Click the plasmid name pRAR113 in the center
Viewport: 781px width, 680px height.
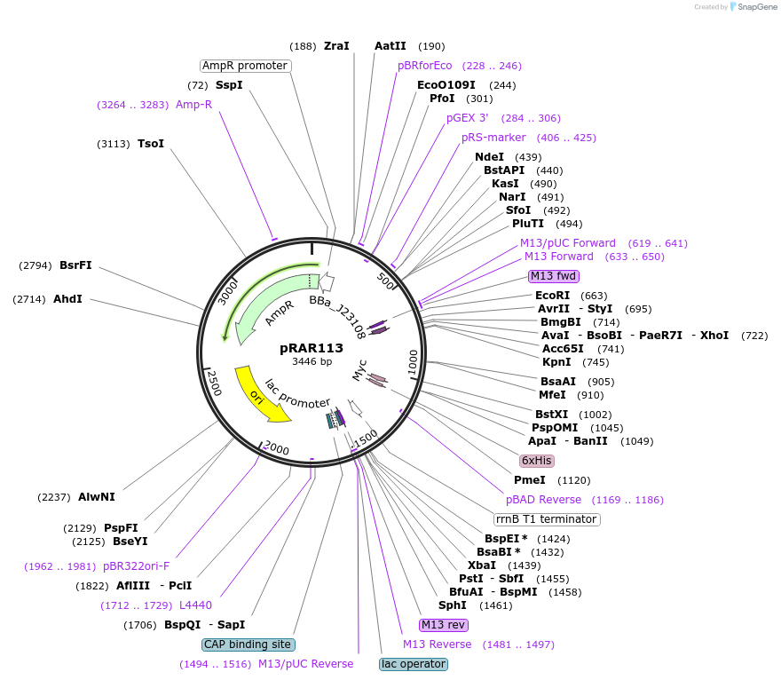[312, 348]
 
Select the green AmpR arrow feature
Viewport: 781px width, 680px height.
[266, 306]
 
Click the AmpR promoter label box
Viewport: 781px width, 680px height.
[245, 66]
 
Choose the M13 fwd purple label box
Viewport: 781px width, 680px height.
[553, 275]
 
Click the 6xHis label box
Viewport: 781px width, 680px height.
[537, 461]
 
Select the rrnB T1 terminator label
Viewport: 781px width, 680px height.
[547, 519]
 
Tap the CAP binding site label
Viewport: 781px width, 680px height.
[248, 644]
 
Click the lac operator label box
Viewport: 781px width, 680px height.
[414, 664]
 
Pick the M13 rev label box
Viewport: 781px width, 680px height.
[444, 625]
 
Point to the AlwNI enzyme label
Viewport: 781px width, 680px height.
[97, 497]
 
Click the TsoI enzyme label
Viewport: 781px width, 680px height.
[150, 144]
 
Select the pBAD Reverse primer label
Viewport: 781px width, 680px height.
[543, 500]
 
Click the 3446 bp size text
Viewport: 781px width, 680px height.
[312, 361]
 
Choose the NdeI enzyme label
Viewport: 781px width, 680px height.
[489, 157]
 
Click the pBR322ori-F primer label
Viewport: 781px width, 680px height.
[136, 566]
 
